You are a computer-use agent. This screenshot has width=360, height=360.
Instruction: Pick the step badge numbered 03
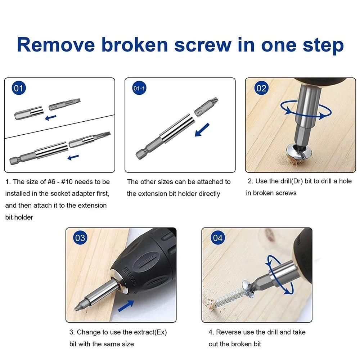pos(80,238)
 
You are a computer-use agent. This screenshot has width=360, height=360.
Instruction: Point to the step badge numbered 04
pos(218,238)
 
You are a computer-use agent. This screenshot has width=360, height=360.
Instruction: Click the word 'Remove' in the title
pos(56,45)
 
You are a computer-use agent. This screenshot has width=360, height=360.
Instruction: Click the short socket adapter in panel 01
pos(28,114)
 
